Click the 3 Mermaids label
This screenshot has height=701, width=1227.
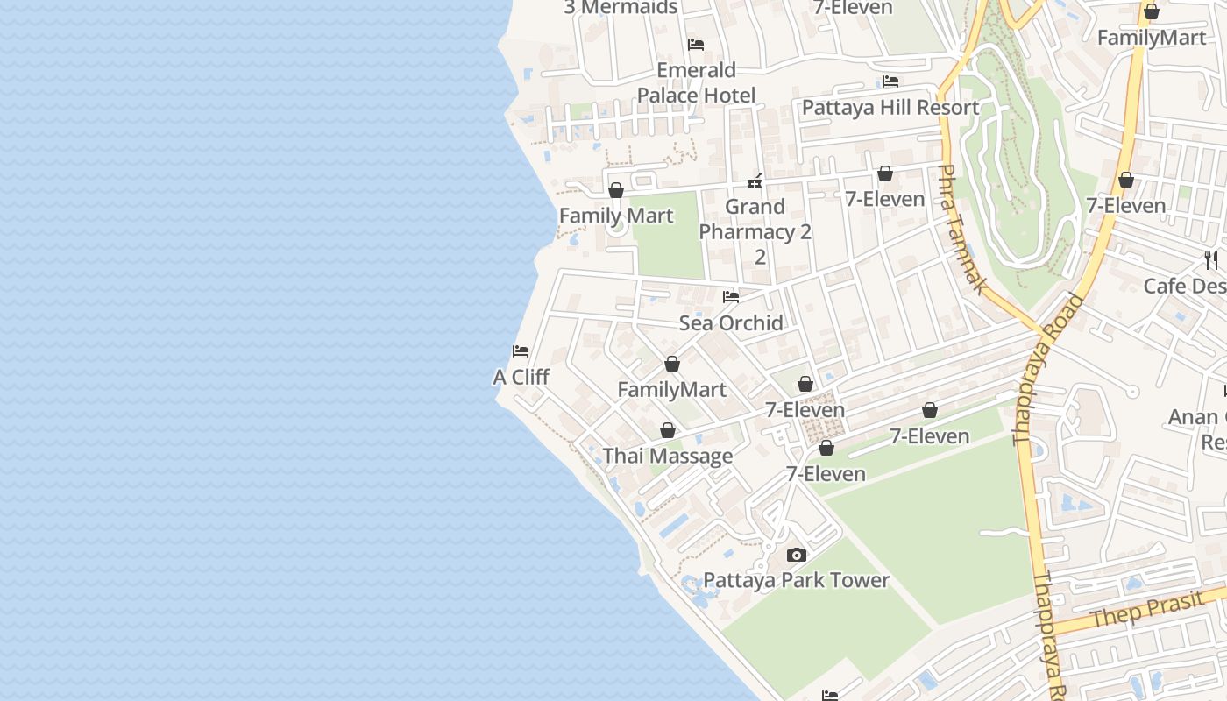pos(621,7)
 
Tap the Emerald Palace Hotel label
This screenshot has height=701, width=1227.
pos(696,82)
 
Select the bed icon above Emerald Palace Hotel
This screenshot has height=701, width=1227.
pos(696,44)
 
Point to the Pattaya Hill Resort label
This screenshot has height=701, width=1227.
pos(890,108)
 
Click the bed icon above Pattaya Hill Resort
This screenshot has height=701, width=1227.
pos(890,81)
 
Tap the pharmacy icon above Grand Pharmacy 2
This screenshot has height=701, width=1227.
pos(755,182)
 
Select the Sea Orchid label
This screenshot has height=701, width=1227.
pos(731,322)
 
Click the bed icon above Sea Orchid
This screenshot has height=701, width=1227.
pos(731,297)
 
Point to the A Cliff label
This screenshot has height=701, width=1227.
pos(521,377)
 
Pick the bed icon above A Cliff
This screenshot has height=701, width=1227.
pos(521,351)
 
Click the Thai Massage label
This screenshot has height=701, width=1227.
pos(668,456)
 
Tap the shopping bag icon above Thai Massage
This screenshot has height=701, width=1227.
pos(668,430)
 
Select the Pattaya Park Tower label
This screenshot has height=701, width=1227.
pos(797,580)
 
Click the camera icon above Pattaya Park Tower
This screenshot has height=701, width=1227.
pos(797,555)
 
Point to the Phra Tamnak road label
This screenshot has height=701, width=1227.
pos(963,230)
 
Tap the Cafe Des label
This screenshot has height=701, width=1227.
pos(1184,286)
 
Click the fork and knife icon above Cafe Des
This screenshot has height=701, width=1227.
pos(1210,259)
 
